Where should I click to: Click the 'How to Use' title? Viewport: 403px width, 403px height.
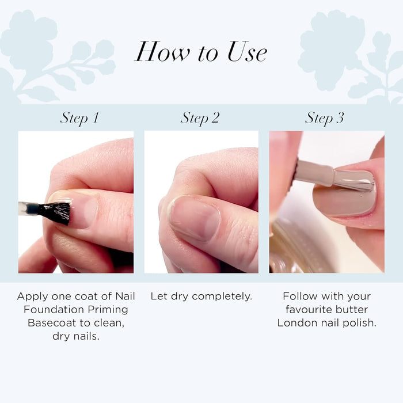201,52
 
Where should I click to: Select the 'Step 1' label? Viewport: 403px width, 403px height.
79,119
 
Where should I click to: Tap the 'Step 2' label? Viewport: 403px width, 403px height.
200,119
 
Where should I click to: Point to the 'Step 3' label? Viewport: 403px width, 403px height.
325,119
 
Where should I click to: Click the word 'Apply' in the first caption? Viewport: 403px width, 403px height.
33,296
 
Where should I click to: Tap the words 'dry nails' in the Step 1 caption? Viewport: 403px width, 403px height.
76,336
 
